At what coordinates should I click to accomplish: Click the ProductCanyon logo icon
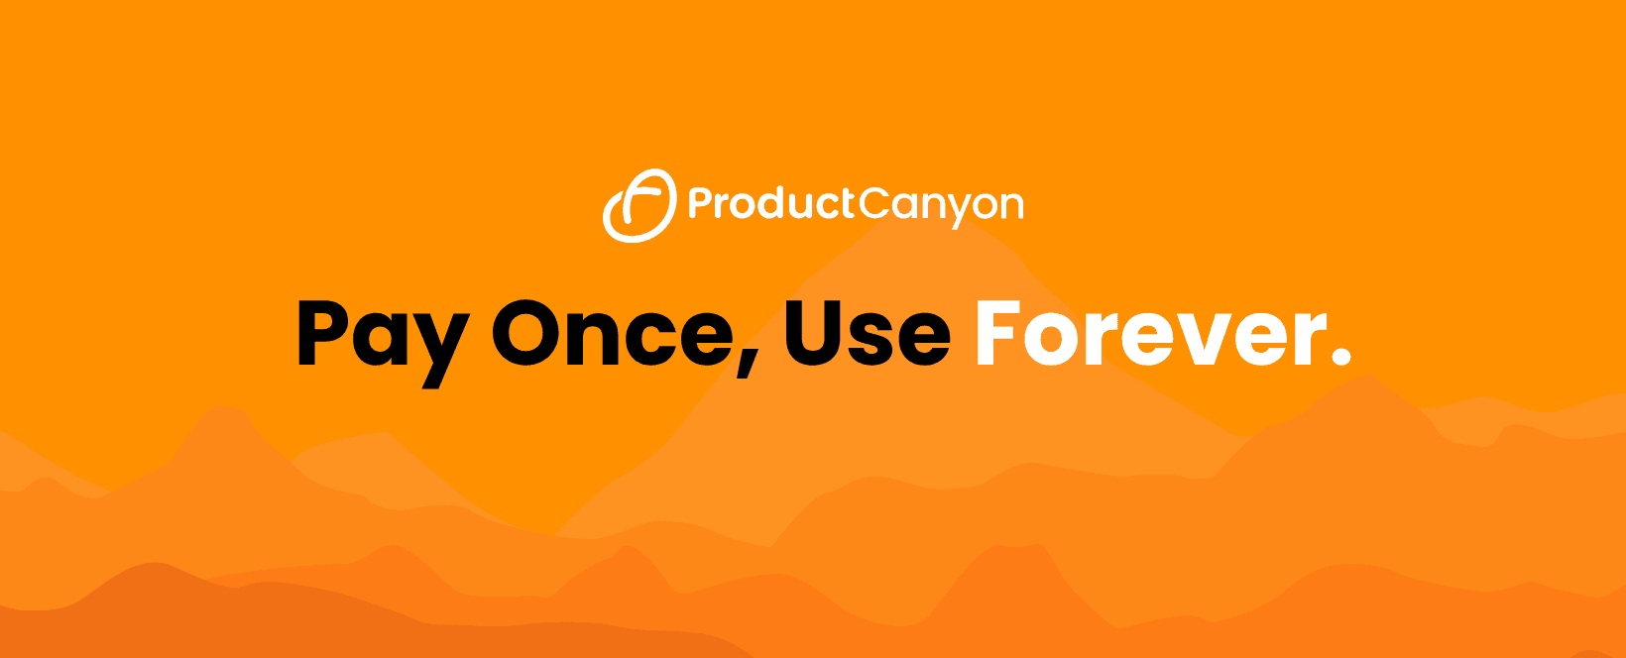coord(639,205)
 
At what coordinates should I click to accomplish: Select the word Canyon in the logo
coord(941,205)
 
